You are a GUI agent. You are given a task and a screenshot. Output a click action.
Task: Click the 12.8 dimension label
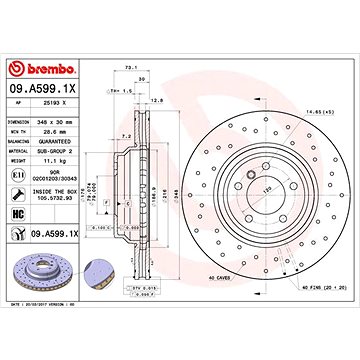[156, 100]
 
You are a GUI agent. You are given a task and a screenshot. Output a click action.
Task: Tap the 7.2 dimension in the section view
[123, 134]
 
